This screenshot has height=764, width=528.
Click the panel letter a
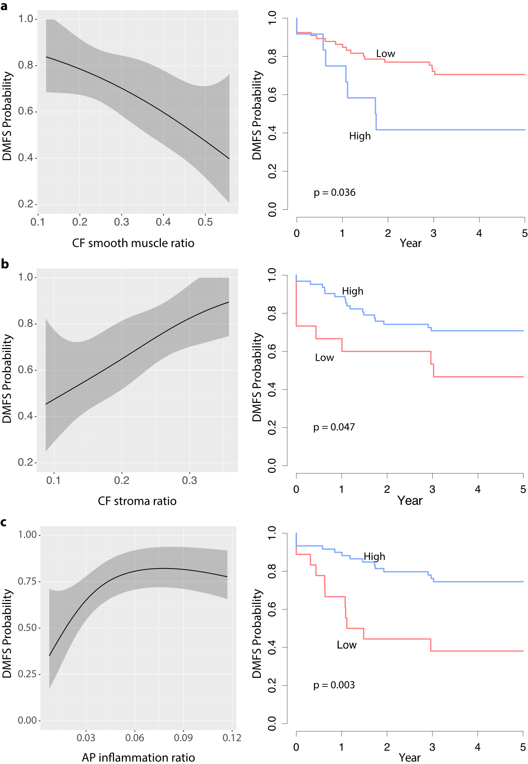pyautogui.click(x=4, y=6)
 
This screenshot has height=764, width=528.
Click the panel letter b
pyautogui.click(x=4, y=264)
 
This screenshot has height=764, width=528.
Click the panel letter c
pyautogui.click(x=4, y=522)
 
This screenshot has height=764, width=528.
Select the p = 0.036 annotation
pyautogui.click(x=334, y=192)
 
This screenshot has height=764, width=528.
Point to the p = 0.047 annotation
pyautogui.click(x=334, y=427)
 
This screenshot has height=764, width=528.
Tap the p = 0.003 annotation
pyautogui.click(x=334, y=685)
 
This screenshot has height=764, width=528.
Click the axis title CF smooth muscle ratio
pyautogui.click(x=133, y=243)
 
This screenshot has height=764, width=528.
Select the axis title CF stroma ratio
pyautogui.click(x=137, y=501)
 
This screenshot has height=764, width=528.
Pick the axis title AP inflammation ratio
pyautogui.click(x=138, y=758)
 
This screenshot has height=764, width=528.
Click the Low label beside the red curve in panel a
pyautogui.click(x=385, y=54)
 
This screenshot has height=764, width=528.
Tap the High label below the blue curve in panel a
pyautogui.click(x=360, y=136)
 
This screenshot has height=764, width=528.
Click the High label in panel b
pyautogui.click(x=352, y=291)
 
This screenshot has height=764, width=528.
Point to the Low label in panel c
pyautogui.click(x=346, y=645)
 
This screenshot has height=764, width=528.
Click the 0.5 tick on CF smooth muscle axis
pyautogui.click(x=205, y=222)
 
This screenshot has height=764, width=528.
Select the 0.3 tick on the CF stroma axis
pyautogui.click(x=189, y=480)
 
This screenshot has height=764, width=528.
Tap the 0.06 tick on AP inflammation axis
pyautogui.click(x=135, y=738)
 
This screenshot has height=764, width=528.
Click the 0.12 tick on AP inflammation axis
pyautogui.click(x=232, y=738)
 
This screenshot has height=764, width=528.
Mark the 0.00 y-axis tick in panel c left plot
pyautogui.click(x=27, y=720)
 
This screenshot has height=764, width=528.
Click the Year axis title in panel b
pyautogui.click(x=410, y=501)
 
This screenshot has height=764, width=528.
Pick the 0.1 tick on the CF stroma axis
pyautogui.click(x=54, y=480)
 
